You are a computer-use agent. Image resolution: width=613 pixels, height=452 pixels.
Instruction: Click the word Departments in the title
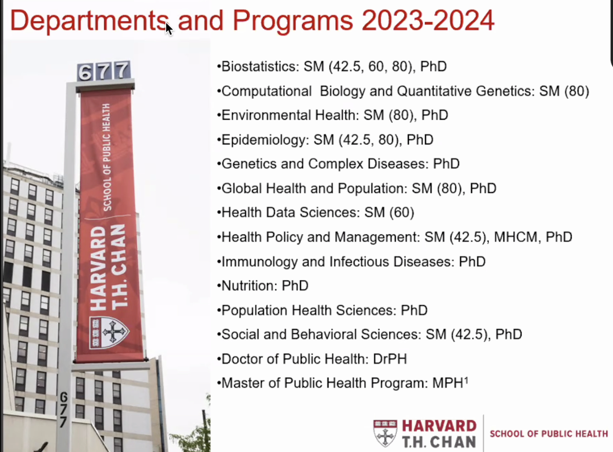pos(89,21)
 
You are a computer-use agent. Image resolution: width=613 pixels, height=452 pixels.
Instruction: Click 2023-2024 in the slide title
pos(428,20)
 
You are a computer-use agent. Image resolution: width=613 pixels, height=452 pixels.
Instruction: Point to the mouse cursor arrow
pos(169,29)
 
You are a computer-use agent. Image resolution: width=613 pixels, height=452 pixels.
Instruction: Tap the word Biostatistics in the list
pos(260,67)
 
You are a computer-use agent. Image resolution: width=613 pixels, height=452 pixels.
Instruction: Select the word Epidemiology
pos(265,140)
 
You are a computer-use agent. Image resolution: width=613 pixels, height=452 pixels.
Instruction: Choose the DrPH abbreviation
pos(390,359)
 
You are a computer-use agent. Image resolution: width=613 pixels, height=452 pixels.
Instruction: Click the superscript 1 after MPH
pos(466,380)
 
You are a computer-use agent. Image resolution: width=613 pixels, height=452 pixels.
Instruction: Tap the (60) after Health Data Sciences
pos(402,213)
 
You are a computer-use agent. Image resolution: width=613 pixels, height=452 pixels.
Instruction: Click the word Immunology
pos(260,262)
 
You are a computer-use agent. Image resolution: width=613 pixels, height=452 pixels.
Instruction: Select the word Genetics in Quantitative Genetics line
pos(505,91)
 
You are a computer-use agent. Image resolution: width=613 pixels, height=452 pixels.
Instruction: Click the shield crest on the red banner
pos(109,332)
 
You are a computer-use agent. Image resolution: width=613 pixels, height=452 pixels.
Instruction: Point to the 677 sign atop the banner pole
pos(104,71)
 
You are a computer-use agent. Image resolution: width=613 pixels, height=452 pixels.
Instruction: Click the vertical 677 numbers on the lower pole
pos(64,409)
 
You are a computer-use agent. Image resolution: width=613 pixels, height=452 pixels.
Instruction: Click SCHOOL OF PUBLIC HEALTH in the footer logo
pos(549,434)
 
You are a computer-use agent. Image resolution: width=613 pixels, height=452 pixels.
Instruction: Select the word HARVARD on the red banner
pos(98,269)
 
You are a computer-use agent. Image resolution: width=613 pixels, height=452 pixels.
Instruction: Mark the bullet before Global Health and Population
pos(219,189)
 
